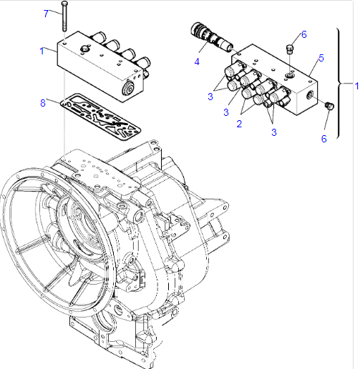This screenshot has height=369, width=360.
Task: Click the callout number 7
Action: tap(47, 14)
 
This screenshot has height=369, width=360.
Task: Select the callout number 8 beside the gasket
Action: tap(43, 103)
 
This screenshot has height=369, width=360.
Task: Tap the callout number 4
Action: tap(197, 62)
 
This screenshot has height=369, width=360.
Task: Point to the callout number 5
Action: tap(321, 58)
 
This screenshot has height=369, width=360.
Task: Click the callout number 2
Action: tap(239, 124)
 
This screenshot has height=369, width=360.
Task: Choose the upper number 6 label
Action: tap(303, 34)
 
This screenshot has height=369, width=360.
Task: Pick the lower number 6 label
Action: tap(323, 139)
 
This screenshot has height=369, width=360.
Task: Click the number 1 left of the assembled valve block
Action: tap(42, 51)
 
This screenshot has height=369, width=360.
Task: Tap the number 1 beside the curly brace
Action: tap(356, 86)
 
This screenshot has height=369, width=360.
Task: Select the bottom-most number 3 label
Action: tap(274, 132)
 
